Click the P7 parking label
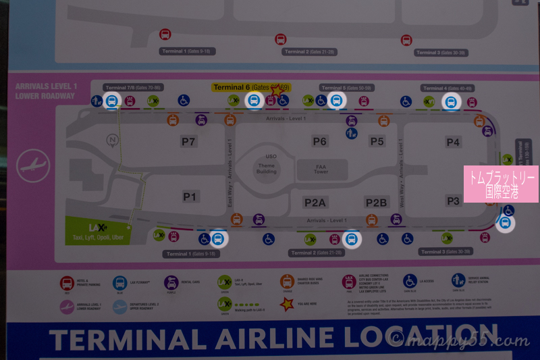coord(188,142)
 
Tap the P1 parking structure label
coord(190,197)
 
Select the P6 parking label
coord(319,141)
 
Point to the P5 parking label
coord(377,141)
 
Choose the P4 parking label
coord(453,142)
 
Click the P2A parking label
coord(315,203)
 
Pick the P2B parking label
coord(376,203)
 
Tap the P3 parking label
coord(453,201)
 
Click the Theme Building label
coord(266,167)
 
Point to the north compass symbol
coord(112,140)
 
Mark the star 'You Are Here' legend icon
coord(287,304)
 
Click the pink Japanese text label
coord(501,184)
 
